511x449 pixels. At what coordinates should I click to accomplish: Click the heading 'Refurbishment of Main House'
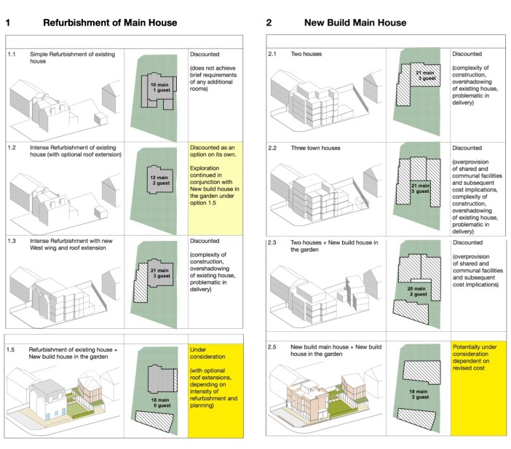110,23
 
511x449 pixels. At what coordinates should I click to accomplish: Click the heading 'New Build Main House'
355,23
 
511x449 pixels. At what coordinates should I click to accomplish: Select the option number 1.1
12,55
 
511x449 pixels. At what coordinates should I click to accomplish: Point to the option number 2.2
274,148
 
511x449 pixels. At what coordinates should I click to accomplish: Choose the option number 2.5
274,346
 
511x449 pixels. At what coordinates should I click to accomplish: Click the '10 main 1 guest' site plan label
159,89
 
